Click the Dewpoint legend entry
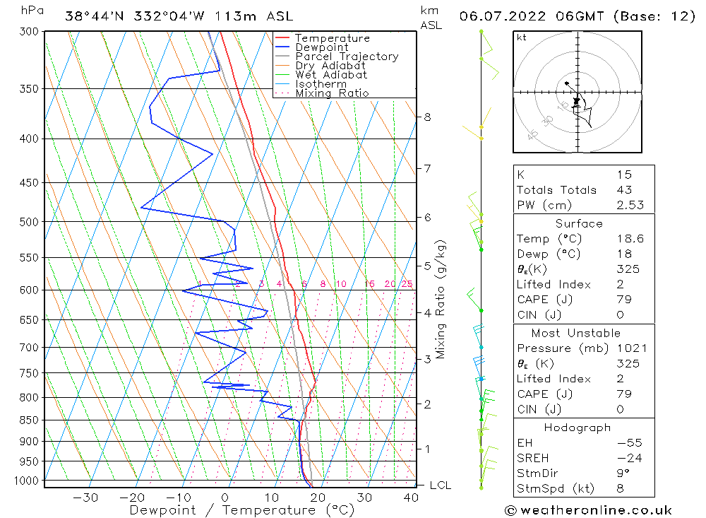[x=321, y=47]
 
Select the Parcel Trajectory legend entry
[x=346, y=57]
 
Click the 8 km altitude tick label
[x=428, y=117]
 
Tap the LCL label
[x=440, y=485]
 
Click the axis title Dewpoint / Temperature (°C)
[x=241, y=510]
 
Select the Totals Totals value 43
[x=624, y=190]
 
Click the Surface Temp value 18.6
[x=630, y=239]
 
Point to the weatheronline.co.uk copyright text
[x=587, y=510]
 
